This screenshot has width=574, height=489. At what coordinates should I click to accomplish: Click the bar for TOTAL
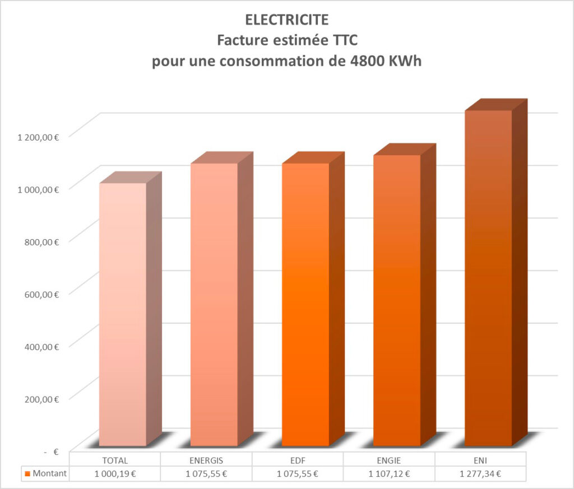[x=122, y=314]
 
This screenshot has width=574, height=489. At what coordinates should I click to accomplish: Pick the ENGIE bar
[x=397, y=300]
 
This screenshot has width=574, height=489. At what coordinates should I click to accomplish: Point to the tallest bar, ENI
[x=488, y=278]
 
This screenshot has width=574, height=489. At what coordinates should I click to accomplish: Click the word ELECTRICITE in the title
[x=286, y=20]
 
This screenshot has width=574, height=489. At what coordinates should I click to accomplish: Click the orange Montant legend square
[x=27, y=474]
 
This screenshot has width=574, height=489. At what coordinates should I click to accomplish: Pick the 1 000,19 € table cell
[x=115, y=474]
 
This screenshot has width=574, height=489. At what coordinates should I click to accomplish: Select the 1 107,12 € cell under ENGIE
[x=390, y=474]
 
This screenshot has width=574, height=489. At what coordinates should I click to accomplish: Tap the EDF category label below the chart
[x=298, y=460]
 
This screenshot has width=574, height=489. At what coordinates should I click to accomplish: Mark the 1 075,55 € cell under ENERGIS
[x=206, y=474]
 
